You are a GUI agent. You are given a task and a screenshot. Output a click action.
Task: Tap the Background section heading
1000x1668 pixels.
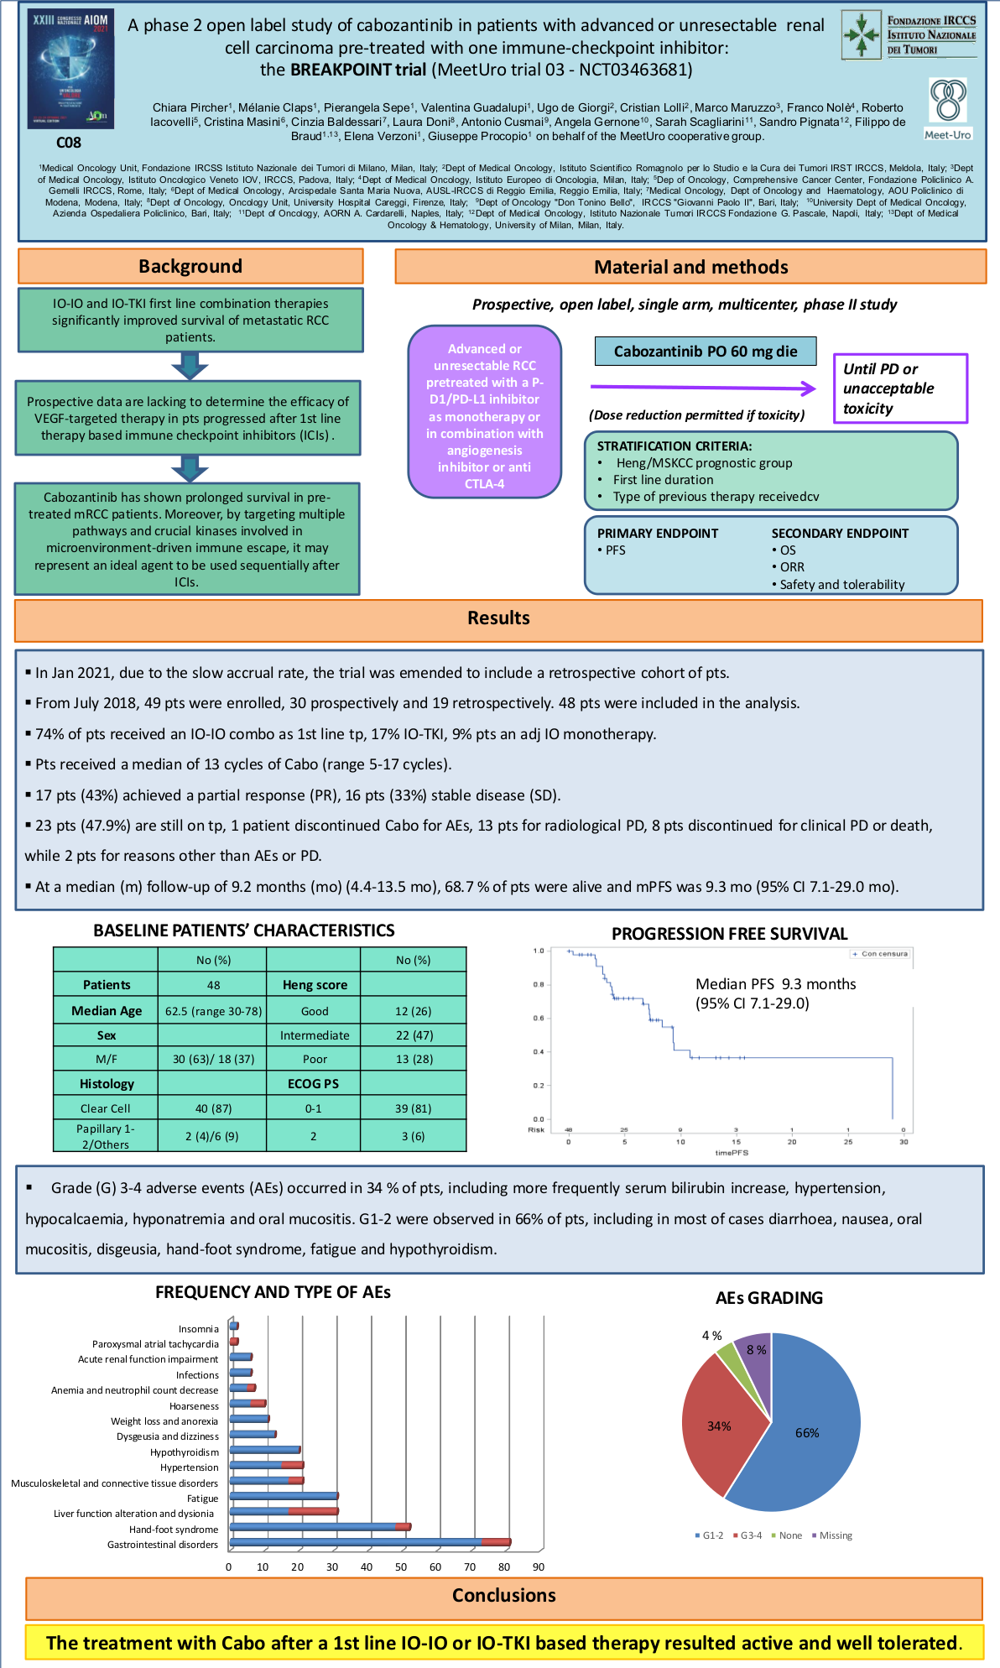(190, 266)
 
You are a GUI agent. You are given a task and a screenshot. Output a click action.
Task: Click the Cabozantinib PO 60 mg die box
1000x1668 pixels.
(706, 352)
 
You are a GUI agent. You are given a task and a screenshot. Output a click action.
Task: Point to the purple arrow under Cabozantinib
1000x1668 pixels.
(703, 388)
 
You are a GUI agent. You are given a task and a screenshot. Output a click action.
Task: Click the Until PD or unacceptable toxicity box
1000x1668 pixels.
(899, 388)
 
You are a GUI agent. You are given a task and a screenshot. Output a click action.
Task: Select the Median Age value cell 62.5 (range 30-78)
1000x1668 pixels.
(213, 1011)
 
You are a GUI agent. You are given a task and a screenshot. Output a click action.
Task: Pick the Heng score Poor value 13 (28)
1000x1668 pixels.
(414, 1059)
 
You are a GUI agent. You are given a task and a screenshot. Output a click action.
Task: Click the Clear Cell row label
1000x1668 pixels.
(106, 1108)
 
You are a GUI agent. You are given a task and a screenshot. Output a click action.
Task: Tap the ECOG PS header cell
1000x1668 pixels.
(313, 1083)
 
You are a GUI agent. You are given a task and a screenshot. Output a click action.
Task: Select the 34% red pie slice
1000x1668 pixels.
(718, 1426)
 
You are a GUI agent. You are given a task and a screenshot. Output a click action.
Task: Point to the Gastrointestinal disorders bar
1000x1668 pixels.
(369, 1542)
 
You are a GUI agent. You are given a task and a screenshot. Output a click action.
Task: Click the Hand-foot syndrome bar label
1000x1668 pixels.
(174, 1530)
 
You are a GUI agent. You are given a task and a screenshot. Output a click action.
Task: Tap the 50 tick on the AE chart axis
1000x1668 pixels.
(401, 1566)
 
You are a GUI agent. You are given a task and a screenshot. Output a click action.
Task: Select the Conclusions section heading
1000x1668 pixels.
(503, 1595)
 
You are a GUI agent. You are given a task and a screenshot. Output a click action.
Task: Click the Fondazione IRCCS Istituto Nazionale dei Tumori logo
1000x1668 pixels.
(909, 36)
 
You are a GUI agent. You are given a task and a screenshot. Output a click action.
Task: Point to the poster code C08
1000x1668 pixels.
(69, 143)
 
